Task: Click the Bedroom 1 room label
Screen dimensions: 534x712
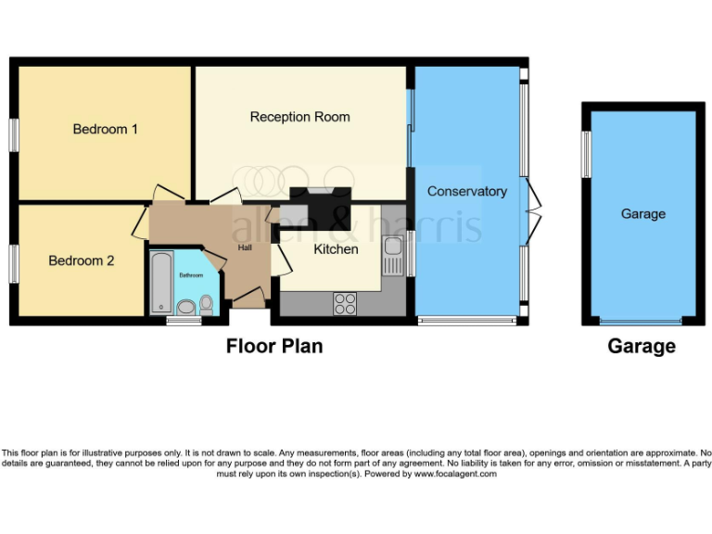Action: [106, 129]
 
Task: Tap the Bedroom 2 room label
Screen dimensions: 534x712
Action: [82, 261]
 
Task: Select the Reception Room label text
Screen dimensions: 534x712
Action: [299, 117]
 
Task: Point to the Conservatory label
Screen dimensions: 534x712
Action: [467, 191]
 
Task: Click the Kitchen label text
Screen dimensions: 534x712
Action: [336, 248]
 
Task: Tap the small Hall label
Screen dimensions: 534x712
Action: [245, 248]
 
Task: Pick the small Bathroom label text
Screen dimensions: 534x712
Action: [191, 275]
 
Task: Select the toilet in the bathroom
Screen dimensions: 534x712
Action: [206, 303]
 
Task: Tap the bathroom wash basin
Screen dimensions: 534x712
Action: [184, 306]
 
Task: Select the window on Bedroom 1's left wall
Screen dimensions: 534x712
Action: [14, 133]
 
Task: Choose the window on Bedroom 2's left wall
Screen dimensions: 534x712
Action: [14, 263]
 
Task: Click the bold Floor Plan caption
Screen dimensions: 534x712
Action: [274, 347]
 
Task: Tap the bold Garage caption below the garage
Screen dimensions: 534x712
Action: [642, 347]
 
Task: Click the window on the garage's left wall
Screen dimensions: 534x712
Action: [586, 154]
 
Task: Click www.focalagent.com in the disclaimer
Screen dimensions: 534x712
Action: [454, 474]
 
